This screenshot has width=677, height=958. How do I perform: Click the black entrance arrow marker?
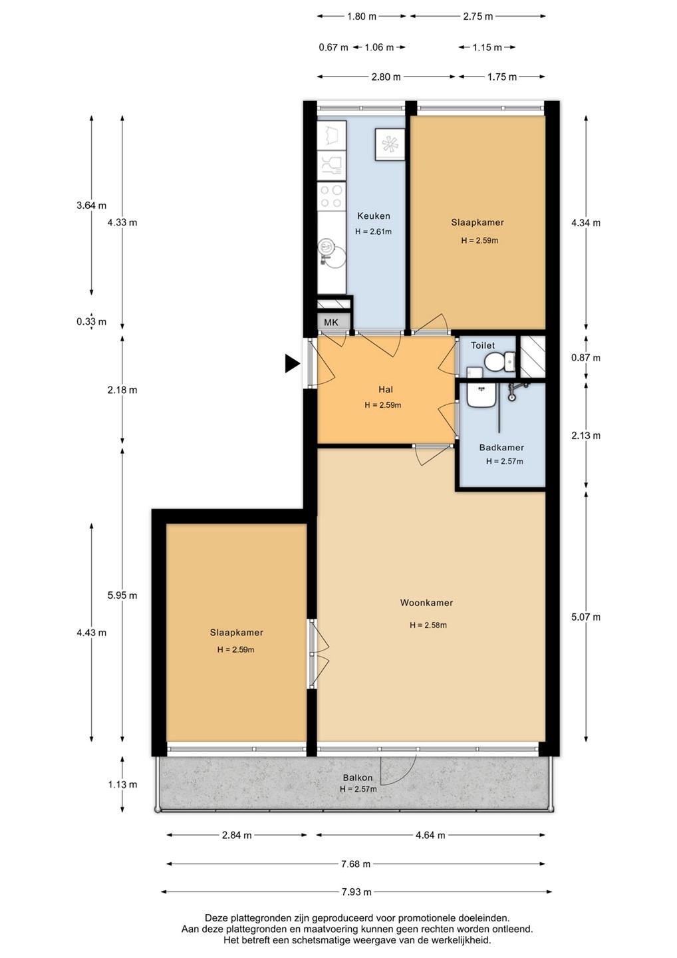[x=293, y=364]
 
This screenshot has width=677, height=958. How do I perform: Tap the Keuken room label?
[x=374, y=216]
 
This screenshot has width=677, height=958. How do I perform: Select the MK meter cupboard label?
[x=331, y=323]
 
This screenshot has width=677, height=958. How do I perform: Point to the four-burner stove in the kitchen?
[x=331, y=196]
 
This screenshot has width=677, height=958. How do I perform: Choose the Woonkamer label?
[x=426, y=603]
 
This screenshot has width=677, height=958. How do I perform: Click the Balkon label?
[x=358, y=778]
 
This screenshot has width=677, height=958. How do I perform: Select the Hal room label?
[x=386, y=389]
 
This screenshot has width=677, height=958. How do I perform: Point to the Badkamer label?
[x=501, y=447]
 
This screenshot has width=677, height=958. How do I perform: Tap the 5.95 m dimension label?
[x=122, y=595]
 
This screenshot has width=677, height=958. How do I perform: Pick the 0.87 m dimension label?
[x=585, y=357]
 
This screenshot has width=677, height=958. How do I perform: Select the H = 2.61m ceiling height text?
[x=373, y=232]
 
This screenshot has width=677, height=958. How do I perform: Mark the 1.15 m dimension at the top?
[x=487, y=47]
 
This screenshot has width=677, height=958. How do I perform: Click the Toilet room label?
[x=483, y=345]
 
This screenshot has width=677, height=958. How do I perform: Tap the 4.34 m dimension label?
[x=585, y=223]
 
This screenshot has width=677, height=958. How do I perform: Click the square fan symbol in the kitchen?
[x=390, y=145]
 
